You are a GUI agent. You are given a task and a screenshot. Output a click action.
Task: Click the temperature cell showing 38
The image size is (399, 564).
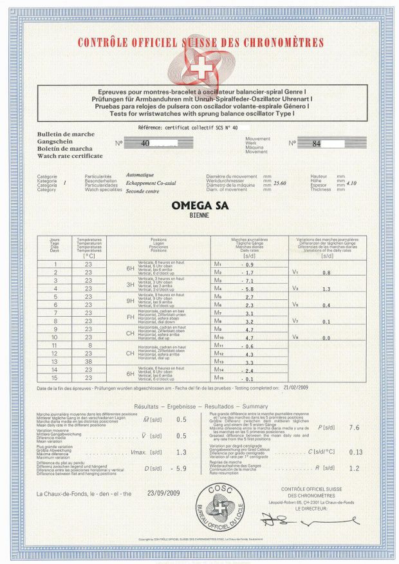89,362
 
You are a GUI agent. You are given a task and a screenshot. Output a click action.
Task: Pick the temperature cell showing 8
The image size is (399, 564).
89,346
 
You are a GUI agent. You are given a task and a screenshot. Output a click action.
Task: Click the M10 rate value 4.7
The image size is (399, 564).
250,337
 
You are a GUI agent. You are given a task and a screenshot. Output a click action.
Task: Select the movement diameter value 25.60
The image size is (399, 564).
279,183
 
